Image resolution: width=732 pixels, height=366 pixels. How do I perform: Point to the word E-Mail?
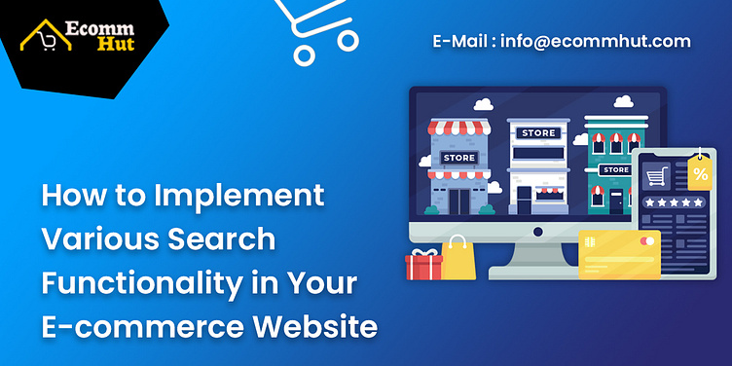[462, 42]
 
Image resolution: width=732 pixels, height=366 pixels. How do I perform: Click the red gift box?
[423, 265]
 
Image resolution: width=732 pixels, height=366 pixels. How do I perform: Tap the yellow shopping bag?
[457, 258]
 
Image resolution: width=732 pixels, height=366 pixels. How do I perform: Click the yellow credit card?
[619, 254]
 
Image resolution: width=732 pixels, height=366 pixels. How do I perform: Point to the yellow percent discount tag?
[699, 173]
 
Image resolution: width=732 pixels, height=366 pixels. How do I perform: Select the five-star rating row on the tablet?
[673, 202]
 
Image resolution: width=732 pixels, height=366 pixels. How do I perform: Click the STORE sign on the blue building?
[459, 157]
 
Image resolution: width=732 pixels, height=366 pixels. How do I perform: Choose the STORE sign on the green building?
[615, 169]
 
